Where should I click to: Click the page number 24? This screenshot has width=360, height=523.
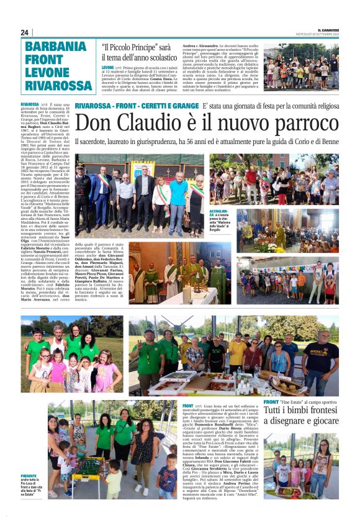(25, 32)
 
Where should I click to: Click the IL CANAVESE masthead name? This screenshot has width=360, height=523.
(328, 29)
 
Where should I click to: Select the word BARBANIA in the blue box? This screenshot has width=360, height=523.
(56, 47)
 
